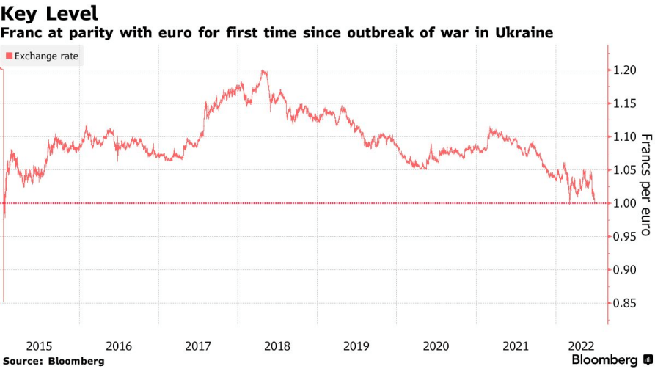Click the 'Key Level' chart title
click(x=49, y=13)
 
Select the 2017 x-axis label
click(x=198, y=346)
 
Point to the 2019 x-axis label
click(x=356, y=346)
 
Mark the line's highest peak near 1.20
click(x=263, y=71)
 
